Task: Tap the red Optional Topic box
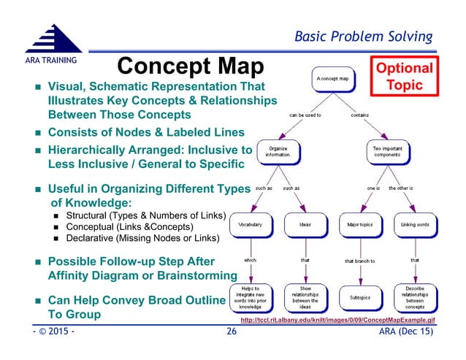pyautogui.click(x=404, y=75)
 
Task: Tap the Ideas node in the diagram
pyautogui.click(x=306, y=224)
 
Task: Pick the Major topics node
pyautogui.click(x=359, y=224)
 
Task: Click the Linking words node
pyautogui.click(x=414, y=224)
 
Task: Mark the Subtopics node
pyautogui.click(x=359, y=297)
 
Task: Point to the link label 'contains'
pyautogui.click(x=359, y=115)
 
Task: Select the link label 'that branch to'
pyautogui.click(x=359, y=261)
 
